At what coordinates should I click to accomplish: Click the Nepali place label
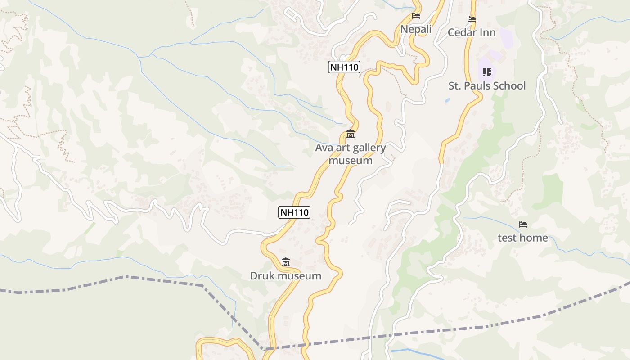coord(416,30)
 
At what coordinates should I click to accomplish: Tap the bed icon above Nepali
coord(416,16)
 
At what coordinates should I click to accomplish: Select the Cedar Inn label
coord(472,32)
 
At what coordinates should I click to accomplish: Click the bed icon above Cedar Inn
coord(472,19)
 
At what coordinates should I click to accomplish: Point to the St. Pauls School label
coord(487,85)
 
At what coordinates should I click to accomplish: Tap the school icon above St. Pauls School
coord(486,72)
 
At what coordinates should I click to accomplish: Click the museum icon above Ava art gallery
coord(350,134)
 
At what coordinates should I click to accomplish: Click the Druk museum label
coord(286,276)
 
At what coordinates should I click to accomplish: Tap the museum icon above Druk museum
coord(285,262)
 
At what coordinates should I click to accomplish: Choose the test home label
coord(523,238)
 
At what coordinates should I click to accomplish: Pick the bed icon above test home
coord(523,224)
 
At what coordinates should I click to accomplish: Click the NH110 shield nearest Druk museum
coord(294,212)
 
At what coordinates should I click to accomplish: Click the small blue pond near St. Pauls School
coord(447,100)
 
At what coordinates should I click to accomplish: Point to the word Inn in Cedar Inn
coord(488,32)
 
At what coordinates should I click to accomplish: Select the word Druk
coord(262,276)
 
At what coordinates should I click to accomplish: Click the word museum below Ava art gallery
coord(351,161)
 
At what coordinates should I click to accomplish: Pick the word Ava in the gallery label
coord(323,148)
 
